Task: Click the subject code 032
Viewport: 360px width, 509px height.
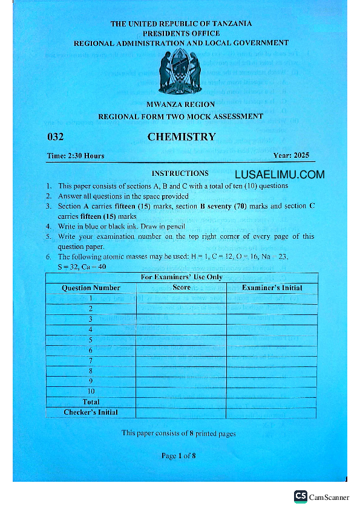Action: (x=55, y=137)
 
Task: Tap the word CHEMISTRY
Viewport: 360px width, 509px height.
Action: (x=182, y=137)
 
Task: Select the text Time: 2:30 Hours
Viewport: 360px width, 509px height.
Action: (x=76, y=156)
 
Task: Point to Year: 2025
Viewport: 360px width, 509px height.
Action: (x=291, y=155)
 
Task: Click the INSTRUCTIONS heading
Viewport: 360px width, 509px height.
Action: (x=180, y=173)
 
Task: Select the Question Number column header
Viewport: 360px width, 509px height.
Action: (x=91, y=288)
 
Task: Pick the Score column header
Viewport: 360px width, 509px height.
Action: (x=182, y=288)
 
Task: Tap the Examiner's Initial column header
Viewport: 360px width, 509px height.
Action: (x=272, y=288)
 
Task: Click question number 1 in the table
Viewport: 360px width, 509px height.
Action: (x=91, y=298)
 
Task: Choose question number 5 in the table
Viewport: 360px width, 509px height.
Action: (x=91, y=340)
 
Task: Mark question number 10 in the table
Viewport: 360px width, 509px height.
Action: (x=91, y=391)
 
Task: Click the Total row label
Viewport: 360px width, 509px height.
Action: (x=91, y=401)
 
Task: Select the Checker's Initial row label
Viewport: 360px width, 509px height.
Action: (x=91, y=412)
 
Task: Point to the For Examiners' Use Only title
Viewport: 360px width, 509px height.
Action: (x=182, y=277)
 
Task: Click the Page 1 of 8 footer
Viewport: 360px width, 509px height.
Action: (x=178, y=456)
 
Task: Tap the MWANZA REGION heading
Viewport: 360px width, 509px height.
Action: (x=180, y=105)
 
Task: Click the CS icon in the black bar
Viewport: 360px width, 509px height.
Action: (x=301, y=496)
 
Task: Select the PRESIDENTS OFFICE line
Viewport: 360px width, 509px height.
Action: (x=181, y=33)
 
